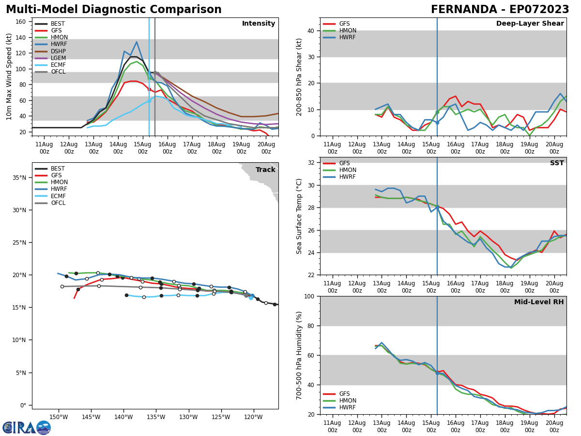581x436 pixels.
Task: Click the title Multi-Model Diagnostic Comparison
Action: (x=113, y=10)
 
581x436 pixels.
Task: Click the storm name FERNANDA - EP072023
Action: (x=500, y=10)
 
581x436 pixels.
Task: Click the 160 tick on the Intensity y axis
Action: (x=22, y=22)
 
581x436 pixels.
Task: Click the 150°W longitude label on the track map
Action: (x=58, y=417)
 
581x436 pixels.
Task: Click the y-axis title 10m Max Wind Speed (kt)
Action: (x=9, y=77)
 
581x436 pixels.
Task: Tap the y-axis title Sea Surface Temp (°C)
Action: (x=299, y=216)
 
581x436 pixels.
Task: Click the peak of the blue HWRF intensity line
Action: (x=137, y=42)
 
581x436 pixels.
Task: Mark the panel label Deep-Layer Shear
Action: (x=530, y=24)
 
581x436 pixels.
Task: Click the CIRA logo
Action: (x=27, y=428)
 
